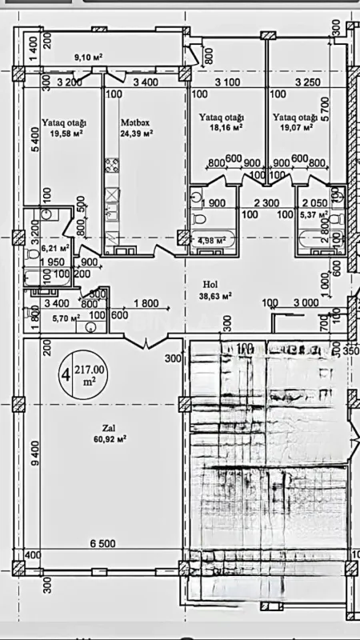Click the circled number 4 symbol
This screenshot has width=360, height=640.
pos(64,374)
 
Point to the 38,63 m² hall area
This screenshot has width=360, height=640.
pos(215,295)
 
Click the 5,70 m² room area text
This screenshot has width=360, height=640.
pos(64,318)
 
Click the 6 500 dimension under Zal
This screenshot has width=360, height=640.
pos(103,544)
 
